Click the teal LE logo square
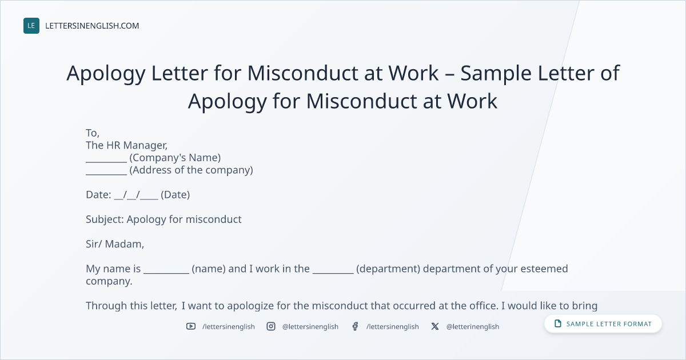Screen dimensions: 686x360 pyautogui.click(x=31, y=26)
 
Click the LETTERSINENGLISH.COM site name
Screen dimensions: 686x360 pyautogui.click(x=92, y=26)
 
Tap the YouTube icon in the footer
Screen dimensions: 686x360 pyautogui.click(x=191, y=326)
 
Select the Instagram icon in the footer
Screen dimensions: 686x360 pyautogui.click(x=271, y=326)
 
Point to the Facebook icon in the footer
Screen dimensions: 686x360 pyautogui.click(x=355, y=326)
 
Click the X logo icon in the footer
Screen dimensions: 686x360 pyautogui.click(x=435, y=326)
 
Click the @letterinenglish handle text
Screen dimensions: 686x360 pyautogui.click(x=473, y=327)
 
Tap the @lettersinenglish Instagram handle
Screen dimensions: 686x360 pyautogui.click(x=310, y=327)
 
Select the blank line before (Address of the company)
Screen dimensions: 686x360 pyautogui.click(x=106, y=174)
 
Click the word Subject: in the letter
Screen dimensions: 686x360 pyautogui.click(x=105, y=219)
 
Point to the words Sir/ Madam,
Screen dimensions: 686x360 pyautogui.click(x=115, y=244)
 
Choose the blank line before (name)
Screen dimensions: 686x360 pyautogui.click(x=166, y=273)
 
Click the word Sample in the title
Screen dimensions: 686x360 pyautogui.click(x=496, y=73)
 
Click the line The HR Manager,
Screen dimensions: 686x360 pyautogui.click(x=126, y=145)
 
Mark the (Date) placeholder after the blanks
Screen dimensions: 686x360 pyautogui.click(x=175, y=195)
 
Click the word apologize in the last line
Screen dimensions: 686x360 pyautogui.click(x=250, y=306)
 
